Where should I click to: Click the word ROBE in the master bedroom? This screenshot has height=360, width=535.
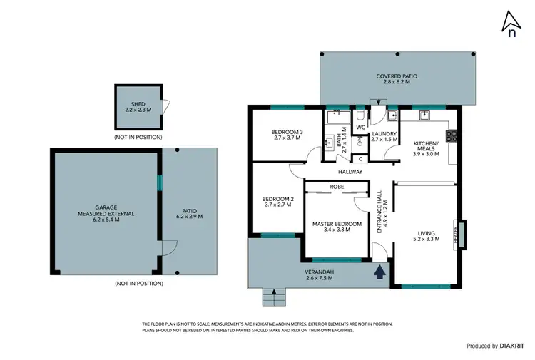tap(337, 187)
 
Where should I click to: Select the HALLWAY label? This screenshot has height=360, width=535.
tap(351, 172)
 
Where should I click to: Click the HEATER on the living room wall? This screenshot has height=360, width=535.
tap(456, 235)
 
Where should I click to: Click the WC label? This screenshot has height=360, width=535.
tap(360, 128)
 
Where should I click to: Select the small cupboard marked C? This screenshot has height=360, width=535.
tap(361, 158)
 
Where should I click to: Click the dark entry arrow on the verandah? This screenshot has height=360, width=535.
tap(379, 271)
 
